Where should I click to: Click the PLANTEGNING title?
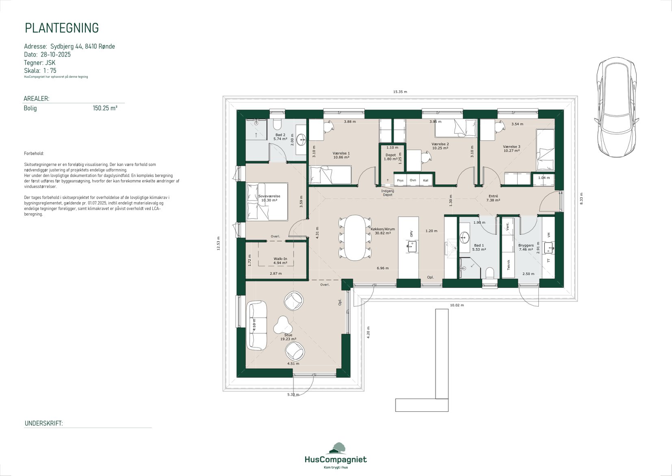[62, 28]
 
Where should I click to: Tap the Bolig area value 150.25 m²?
[105, 108]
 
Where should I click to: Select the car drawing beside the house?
[616, 107]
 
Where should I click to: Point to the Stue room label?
[288, 335]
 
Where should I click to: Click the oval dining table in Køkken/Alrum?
[355, 238]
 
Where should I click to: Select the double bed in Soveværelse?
[267, 201]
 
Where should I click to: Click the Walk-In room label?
[280, 259]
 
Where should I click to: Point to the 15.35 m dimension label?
[400, 92]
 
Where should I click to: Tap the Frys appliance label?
[400, 180]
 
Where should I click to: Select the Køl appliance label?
[425, 180]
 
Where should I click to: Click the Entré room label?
[493, 196]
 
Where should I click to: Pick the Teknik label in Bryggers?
[509, 265]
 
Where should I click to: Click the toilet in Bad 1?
[489, 273]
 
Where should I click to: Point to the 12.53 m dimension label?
[219, 243]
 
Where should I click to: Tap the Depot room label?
[390, 155]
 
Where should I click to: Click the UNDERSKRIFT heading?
[44, 424]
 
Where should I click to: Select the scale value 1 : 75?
[50, 70]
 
